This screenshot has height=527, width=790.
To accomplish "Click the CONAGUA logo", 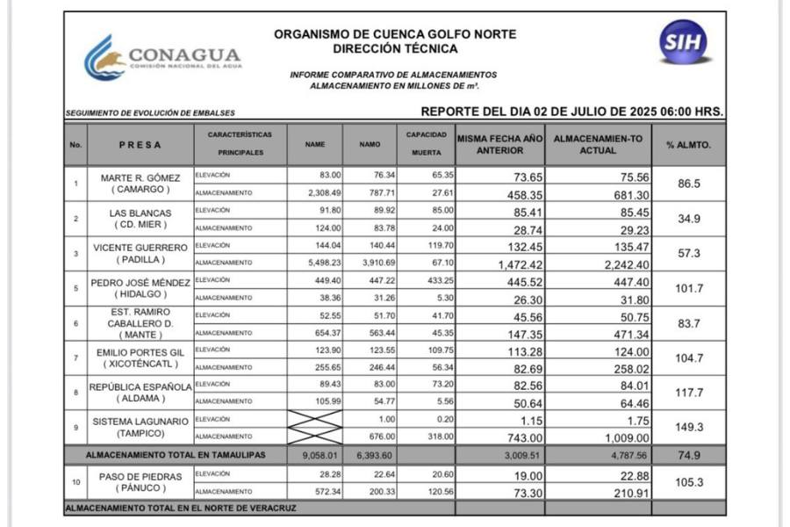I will tap(162, 58).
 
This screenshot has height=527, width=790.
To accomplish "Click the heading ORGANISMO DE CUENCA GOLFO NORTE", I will tap(395, 34).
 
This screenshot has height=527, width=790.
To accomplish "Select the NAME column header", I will tap(314, 144).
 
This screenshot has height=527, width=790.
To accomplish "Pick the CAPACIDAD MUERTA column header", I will tap(427, 144).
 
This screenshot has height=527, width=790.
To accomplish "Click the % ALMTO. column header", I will tap(688, 144).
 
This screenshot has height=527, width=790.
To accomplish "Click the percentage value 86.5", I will tap(688, 184).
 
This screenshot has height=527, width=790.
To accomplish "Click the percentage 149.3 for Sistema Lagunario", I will tap(688, 428).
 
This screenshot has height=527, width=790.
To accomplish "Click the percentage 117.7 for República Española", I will tap(688, 393).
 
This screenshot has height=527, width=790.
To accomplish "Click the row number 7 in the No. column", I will tap(75, 358).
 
